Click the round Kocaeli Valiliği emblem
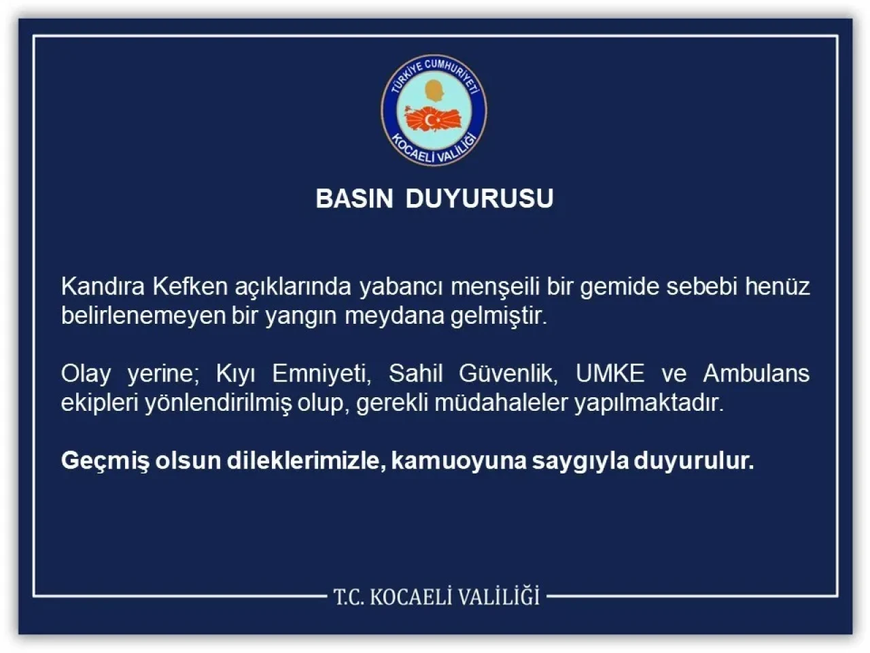[x=434, y=112]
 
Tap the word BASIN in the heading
[x=354, y=199]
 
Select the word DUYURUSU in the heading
[x=479, y=199]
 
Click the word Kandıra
[x=102, y=286]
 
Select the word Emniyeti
[x=321, y=373]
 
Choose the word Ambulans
[x=756, y=373]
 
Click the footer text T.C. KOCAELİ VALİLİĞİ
[x=436, y=597]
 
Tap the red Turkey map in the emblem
[x=434, y=119]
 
